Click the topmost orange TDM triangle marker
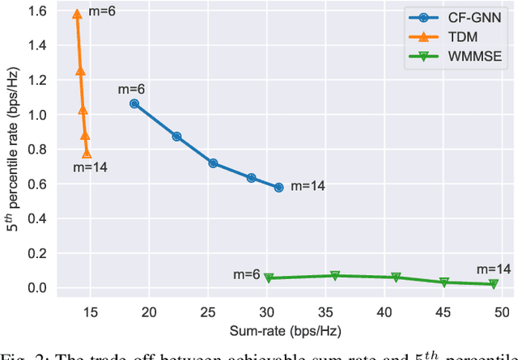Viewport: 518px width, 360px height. (x=77, y=15)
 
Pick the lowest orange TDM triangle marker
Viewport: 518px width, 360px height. (x=87, y=154)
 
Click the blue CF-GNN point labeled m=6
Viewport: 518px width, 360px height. (x=134, y=104)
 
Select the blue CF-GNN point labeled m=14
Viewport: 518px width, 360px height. (x=278, y=187)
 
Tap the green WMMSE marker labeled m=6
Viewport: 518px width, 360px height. (x=269, y=277)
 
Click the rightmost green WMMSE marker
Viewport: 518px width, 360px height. (x=493, y=284)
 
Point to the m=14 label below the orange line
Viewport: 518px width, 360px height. (x=90, y=167)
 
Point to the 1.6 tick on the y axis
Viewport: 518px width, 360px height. (x=39, y=12)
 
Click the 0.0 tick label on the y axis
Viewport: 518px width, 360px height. (x=39, y=288)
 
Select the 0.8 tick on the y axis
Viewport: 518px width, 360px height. (x=39, y=150)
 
